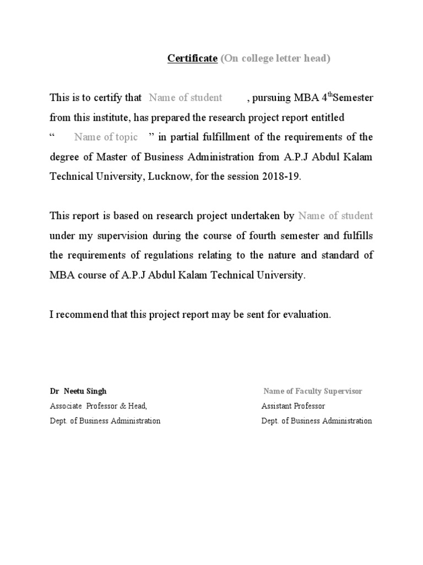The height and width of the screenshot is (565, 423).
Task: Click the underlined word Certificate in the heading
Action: point(192,59)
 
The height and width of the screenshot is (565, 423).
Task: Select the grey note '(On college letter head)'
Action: point(275,59)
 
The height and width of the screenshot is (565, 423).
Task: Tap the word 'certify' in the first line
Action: point(112,98)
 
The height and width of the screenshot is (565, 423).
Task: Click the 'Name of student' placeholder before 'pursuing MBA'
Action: point(186,98)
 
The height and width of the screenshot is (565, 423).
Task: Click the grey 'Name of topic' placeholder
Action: point(106,137)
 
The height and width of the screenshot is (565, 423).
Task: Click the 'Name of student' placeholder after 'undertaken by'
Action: point(335,216)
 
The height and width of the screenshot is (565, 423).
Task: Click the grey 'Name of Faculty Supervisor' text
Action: point(313,391)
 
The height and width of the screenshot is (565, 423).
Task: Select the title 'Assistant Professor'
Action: point(293,406)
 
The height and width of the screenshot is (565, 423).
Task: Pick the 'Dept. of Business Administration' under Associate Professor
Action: point(105,421)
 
